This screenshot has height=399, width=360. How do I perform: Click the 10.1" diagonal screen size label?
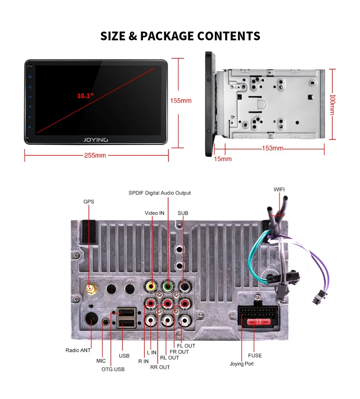[x=85, y=96]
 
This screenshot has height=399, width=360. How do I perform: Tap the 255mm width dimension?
[x=95, y=155]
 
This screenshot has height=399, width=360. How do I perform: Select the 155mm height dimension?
[x=181, y=101]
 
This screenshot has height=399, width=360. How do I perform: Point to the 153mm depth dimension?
[x=273, y=148]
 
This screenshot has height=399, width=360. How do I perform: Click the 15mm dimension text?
[x=223, y=159]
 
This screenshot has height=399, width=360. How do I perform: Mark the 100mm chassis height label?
[x=333, y=105]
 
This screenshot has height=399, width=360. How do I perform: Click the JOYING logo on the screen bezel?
[x=96, y=140]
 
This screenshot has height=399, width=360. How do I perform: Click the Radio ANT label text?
[x=78, y=350]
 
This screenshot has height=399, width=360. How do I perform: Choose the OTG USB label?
[x=113, y=369]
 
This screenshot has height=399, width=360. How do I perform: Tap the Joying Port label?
[x=242, y=364]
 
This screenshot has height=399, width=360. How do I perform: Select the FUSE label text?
[x=255, y=355]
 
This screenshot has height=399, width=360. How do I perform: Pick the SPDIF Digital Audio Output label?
[x=159, y=193]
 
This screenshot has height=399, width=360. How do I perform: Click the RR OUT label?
[x=160, y=367]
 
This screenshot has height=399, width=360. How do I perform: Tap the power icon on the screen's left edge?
[x=31, y=77]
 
